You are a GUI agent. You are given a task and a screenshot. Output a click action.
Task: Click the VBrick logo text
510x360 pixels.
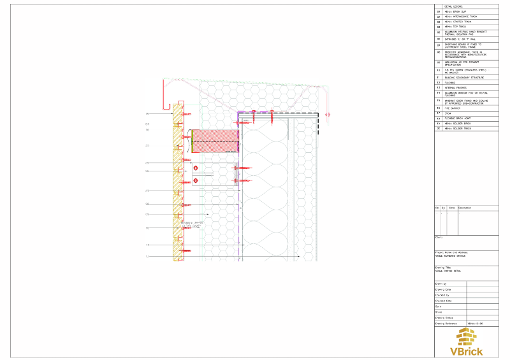(x=467, y=350)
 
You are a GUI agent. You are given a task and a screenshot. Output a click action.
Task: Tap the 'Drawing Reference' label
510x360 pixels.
(x=447, y=324)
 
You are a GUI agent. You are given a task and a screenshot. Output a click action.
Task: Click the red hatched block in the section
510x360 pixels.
(x=214, y=141)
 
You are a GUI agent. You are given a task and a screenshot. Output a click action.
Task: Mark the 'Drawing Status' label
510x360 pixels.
(x=445, y=318)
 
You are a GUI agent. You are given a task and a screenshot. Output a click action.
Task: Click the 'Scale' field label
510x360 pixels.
(x=439, y=306)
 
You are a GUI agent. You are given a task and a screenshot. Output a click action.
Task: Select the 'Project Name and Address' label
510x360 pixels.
(x=451, y=252)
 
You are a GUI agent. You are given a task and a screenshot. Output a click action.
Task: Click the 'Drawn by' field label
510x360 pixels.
(x=441, y=284)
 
